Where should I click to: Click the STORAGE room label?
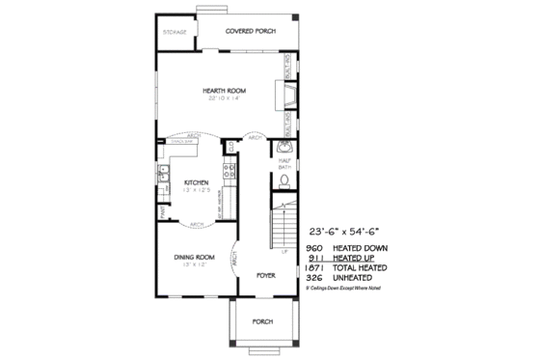(x=175, y=32)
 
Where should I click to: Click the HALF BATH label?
(x=284, y=164)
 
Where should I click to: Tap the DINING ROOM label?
(x=194, y=257)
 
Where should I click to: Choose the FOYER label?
(x=266, y=276)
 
